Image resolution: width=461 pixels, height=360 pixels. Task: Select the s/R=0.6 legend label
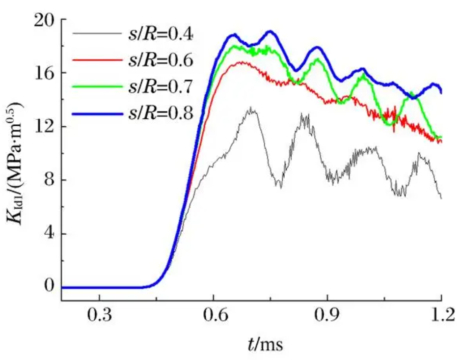click(160, 61)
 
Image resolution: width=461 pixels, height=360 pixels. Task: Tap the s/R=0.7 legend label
click(160, 87)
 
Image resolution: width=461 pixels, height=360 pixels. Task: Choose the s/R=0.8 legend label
click(160, 113)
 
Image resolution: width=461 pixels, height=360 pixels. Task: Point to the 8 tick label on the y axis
click(48, 180)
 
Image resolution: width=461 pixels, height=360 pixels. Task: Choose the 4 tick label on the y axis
click(48, 234)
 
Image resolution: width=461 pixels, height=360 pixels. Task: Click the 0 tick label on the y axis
click(48, 287)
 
